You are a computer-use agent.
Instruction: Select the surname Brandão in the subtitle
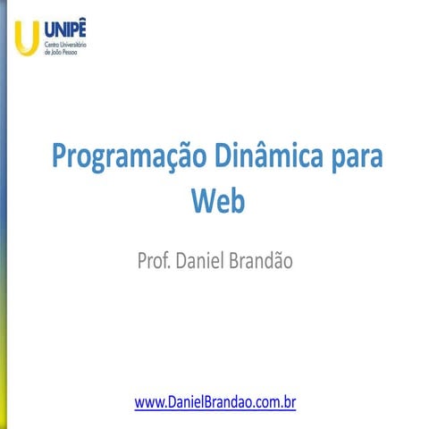point(265,261)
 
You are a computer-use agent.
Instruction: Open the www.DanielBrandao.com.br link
point(214,403)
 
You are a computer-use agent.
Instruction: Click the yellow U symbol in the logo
point(26,36)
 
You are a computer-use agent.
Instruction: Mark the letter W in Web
point(205,200)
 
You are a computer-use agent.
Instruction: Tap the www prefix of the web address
point(148,403)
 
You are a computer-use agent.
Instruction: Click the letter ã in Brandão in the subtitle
point(282,261)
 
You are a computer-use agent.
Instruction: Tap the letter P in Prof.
point(142,261)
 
